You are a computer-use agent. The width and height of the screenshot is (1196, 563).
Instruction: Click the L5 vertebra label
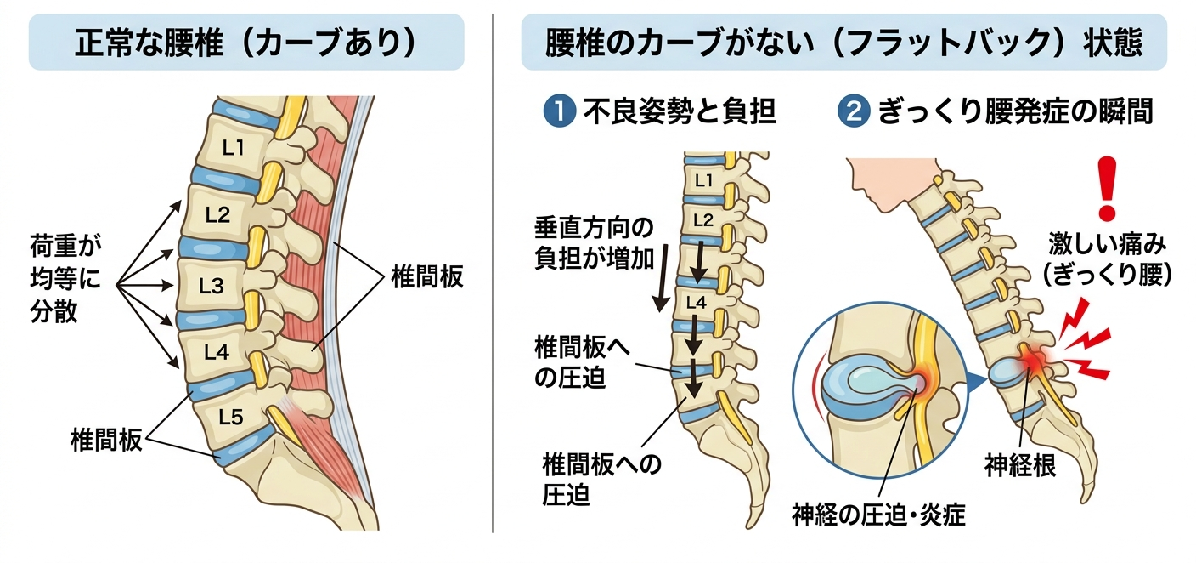(x=230, y=416)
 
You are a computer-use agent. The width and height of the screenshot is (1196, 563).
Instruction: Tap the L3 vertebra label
(x=211, y=286)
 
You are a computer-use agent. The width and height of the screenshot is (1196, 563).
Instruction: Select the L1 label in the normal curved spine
(x=233, y=147)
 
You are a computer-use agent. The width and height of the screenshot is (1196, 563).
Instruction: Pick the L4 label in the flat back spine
(x=695, y=301)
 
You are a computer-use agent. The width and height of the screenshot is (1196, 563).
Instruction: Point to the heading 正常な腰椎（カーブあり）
(x=246, y=43)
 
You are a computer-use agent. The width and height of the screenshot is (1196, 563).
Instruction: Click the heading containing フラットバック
(x=843, y=43)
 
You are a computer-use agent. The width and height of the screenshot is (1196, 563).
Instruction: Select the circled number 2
(x=851, y=111)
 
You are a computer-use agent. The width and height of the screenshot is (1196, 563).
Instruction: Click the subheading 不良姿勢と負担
(x=680, y=111)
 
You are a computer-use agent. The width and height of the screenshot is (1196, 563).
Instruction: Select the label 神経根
(x=1020, y=465)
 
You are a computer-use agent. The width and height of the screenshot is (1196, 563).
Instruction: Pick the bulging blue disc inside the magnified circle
(x=858, y=385)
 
